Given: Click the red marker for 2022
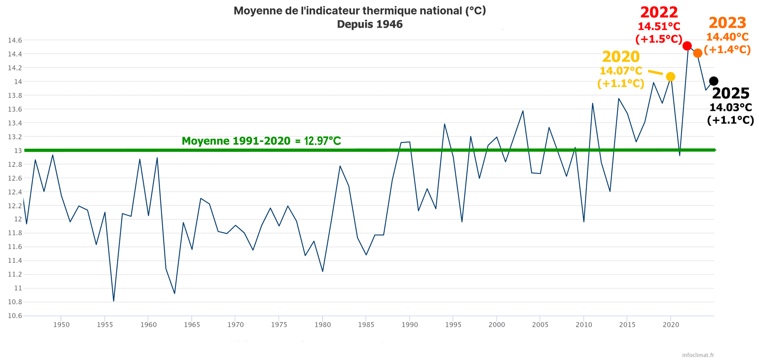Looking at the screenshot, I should click(687, 46).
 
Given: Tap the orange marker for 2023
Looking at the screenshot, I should click(698, 53).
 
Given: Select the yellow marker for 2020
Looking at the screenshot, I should click(670, 77).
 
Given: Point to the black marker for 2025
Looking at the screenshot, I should click(714, 81).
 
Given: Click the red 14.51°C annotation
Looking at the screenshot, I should click(659, 27).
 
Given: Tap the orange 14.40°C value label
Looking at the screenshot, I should click(727, 37).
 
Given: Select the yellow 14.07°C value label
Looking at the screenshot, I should click(621, 71).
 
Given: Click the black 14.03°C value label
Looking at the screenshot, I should click(731, 107).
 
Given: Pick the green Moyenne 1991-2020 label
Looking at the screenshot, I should click(261, 141).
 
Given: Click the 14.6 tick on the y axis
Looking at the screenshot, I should click(15, 40).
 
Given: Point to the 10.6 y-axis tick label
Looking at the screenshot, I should click(15, 316).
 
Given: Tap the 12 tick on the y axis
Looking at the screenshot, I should click(18, 219).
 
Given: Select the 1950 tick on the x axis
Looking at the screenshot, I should click(61, 325).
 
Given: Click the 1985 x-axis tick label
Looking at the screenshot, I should click(366, 325).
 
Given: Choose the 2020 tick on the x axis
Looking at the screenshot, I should click(671, 325).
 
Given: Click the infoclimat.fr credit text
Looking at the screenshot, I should click(698, 355).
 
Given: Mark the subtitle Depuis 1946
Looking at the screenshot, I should click(370, 25).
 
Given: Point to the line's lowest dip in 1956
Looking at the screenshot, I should click(113, 301).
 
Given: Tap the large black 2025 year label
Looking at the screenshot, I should click(731, 94).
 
